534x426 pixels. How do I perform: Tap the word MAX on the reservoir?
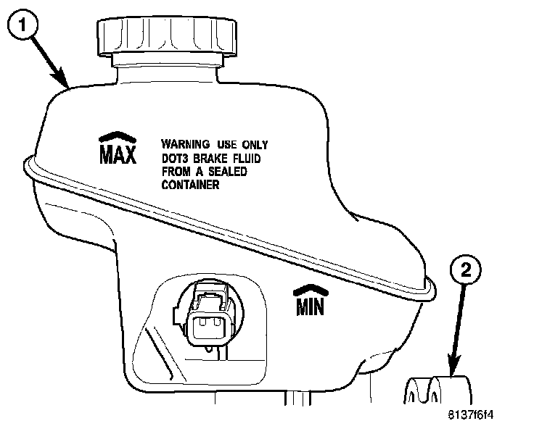pos(117,154)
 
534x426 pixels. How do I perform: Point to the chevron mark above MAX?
pos(117,137)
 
